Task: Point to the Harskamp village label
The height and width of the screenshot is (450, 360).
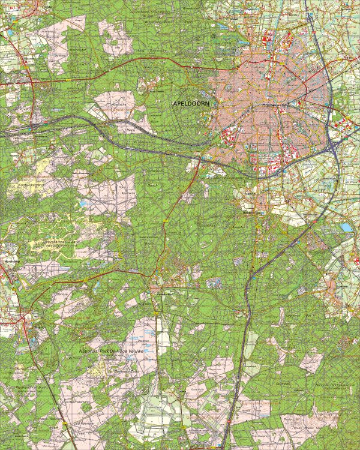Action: tap(8, 261)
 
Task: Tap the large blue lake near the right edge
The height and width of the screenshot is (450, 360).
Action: tap(347, 227)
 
